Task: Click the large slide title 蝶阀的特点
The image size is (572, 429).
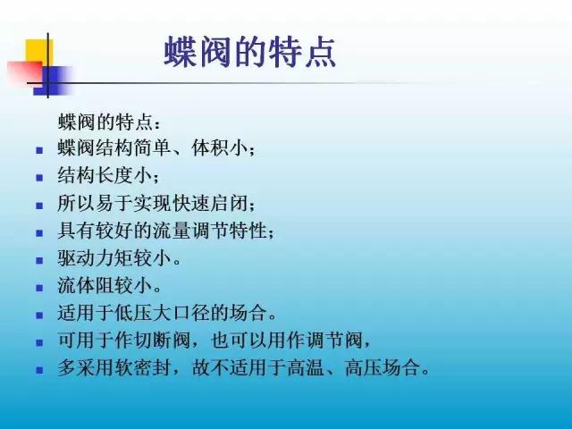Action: pyautogui.click(x=250, y=52)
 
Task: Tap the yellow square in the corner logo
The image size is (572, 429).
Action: pyautogui.click(x=39, y=54)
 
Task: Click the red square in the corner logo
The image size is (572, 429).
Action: pyautogui.click(x=25, y=73)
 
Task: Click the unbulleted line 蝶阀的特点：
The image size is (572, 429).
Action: pyautogui.click(x=109, y=122)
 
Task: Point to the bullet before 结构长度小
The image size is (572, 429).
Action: pyautogui.click(x=39, y=178)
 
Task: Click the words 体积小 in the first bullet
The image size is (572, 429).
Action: pyautogui.click(x=219, y=148)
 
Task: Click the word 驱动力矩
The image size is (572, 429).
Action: pyautogui.click(x=96, y=258)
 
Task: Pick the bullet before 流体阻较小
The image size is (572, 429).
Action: pyautogui.click(x=39, y=288)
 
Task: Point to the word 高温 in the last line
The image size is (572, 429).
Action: pyautogui.click(x=306, y=367)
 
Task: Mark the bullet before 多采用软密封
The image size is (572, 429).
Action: pyautogui.click(x=39, y=370)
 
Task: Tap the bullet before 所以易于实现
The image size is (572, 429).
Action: pyautogui.click(x=39, y=206)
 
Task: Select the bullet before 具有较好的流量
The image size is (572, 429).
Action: pyautogui.click(x=39, y=233)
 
